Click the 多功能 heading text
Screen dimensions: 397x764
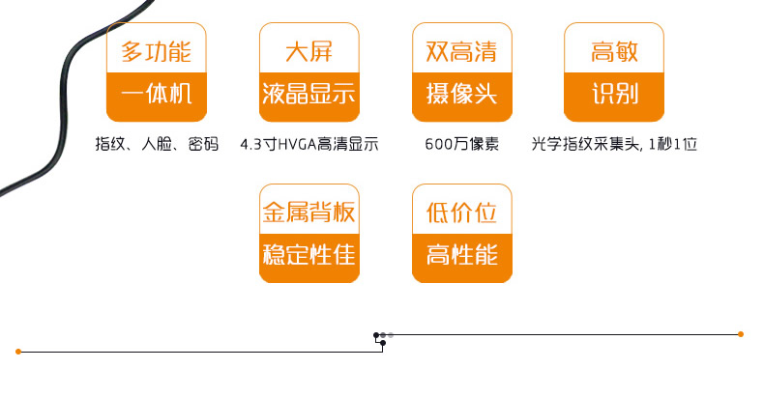[x=156, y=51]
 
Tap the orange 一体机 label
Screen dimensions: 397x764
[x=156, y=96]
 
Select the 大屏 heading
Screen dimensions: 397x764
[x=309, y=51]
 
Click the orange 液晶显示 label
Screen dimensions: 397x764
[x=309, y=96]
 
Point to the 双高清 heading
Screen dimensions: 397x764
[x=461, y=51]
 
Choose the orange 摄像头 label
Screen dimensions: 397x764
[x=461, y=96]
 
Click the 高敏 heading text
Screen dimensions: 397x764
[x=614, y=51]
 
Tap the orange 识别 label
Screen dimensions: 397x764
[x=614, y=96]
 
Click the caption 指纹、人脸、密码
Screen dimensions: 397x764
[x=157, y=145]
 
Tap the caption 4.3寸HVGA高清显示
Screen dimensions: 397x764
[x=309, y=145]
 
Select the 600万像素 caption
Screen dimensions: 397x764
[x=461, y=145]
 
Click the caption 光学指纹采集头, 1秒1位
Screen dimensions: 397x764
[x=614, y=145]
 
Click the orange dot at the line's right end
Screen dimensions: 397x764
[x=741, y=334]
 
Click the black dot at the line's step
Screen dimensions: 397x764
[x=376, y=335]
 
